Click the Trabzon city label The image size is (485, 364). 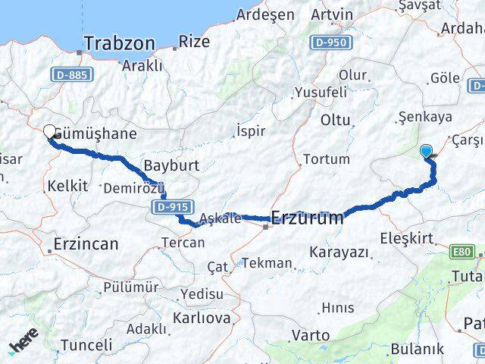pyautogui.click(x=120, y=43)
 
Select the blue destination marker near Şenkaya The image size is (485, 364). pyautogui.click(x=427, y=151)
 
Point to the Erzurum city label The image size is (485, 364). pyautogui.click(x=306, y=218)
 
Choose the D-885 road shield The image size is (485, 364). pyautogui.click(x=70, y=74)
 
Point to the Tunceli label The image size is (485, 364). pyautogui.click(x=86, y=345)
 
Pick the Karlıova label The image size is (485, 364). pyautogui.click(x=202, y=318)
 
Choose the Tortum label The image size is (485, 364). pyautogui.click(x=326, y=159)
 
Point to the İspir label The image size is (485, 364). pyautogui.click(x=251, y=130)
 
